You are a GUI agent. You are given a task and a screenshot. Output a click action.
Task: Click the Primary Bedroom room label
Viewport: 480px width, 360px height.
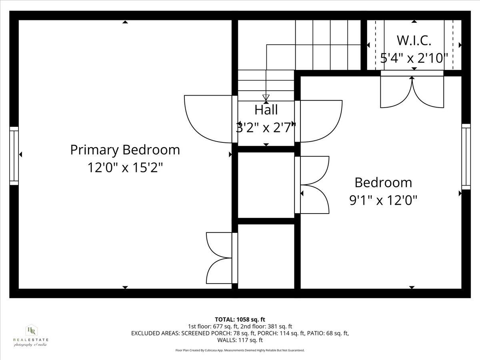(x=125, y=150)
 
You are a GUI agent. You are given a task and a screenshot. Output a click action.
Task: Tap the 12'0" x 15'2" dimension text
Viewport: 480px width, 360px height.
(x=125, y=167)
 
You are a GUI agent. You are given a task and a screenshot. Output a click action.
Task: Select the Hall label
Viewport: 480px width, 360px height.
(x=266, y=110)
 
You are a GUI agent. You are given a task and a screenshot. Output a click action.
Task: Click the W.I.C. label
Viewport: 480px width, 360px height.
(x=414, y=40)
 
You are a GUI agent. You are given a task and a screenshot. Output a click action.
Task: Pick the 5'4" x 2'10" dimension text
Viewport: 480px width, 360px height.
(x=414, y=58)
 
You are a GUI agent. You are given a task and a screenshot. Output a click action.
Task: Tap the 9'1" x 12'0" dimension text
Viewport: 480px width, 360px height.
(x=383, y=200)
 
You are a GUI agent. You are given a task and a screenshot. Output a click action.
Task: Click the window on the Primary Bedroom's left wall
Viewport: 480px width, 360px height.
(x=14, y=156)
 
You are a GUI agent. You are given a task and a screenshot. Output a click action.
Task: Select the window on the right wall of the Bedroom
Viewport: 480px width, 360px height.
(x=466, y=156)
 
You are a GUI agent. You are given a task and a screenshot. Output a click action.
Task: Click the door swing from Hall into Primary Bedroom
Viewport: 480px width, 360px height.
(x=208, y=119)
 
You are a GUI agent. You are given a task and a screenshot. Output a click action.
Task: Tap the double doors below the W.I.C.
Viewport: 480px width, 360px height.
(x=412, y=92)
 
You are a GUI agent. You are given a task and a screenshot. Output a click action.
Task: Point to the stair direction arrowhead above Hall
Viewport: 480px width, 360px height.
(x=266, y=98)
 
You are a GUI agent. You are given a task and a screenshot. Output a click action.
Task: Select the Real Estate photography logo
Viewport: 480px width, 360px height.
(x=31, y=335)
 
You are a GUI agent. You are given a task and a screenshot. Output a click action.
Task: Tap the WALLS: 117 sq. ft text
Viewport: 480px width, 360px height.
(x=240, y=340)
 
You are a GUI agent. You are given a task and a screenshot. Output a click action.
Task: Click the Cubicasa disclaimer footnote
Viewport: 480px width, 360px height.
(x=240, y=350)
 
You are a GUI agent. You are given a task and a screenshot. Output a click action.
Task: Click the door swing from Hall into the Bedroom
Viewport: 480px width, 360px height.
(x=320, y=121)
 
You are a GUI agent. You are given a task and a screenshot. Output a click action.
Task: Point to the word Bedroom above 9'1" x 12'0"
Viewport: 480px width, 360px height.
(x=383, y=182)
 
